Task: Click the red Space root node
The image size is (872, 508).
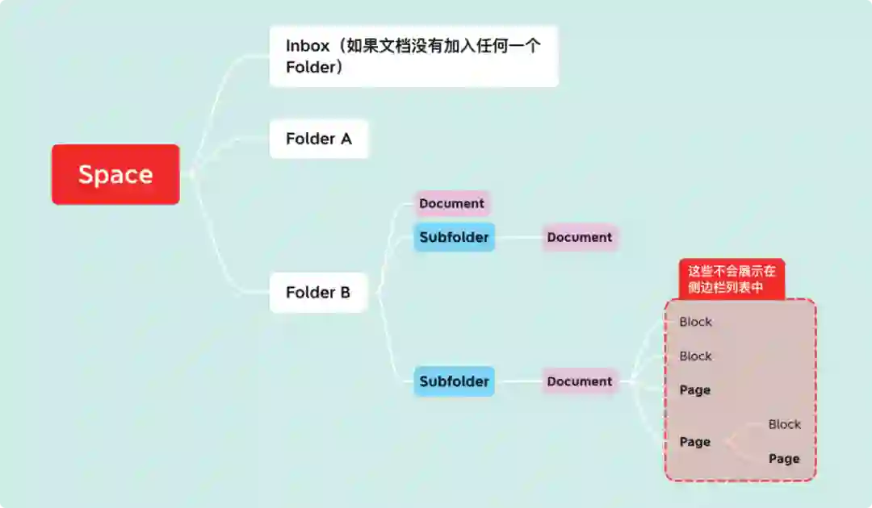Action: tap(115, 174)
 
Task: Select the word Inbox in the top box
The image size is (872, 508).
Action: tap(308, 46)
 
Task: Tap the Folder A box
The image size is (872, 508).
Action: tap(319, 139)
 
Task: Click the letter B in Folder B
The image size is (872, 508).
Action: tap(344, 292)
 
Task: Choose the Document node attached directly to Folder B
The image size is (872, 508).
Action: tap(451, 203)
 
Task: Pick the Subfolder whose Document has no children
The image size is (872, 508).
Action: tap(454, 237)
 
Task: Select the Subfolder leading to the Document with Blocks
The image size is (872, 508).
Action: tap(454, 381)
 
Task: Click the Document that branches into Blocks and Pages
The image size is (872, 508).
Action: tap(580, 381)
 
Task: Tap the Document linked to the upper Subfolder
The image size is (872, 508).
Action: tap(580, 237)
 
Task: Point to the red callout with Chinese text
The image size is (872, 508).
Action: tap(732, 280)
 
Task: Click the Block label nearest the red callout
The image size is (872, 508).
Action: tap(695, 322)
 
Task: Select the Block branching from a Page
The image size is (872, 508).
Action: tap(784, 424)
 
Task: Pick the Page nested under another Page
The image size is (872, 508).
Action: tap(784, 459)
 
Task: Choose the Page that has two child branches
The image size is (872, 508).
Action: tap(695, 442)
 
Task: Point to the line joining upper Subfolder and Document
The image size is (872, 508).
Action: tap(518, 237)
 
